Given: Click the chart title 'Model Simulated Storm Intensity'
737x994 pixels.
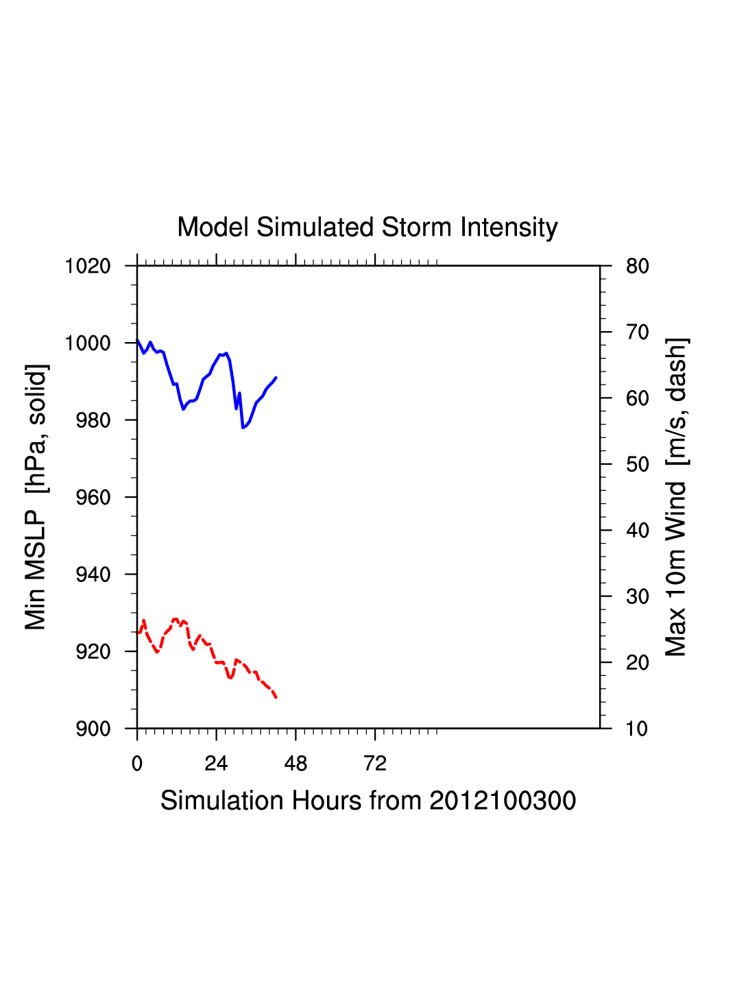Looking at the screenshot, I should (367, 228).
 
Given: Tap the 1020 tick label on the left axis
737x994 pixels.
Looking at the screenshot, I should (88, 266).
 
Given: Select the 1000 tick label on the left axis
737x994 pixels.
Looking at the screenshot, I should (88, 343).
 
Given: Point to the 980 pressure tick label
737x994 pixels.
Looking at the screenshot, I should (93, 420).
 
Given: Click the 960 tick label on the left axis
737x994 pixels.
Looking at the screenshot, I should (93, 498).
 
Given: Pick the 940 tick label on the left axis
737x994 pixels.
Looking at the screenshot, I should (93, 574).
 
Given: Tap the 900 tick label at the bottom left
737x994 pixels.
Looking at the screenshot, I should (93, 729).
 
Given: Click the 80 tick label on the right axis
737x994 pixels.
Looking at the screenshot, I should (638, 266).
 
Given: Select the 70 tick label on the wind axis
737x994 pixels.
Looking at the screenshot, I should (638, 332).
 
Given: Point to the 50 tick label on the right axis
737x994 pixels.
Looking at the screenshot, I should (638, 465).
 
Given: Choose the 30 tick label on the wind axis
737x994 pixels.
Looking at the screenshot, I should (638, 597).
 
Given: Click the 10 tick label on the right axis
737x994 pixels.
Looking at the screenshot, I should (638, 729).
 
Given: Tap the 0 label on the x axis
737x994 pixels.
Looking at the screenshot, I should (137, 764).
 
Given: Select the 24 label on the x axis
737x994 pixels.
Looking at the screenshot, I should (216, 764).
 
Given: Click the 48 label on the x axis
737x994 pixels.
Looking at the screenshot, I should (295, 764).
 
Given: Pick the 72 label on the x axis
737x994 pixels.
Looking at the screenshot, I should (375, 764).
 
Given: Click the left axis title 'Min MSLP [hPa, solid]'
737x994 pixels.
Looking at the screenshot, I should (36, 497).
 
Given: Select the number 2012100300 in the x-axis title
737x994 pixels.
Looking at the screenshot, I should (503, 801).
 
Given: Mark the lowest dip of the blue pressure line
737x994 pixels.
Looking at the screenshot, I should (243, 428).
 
